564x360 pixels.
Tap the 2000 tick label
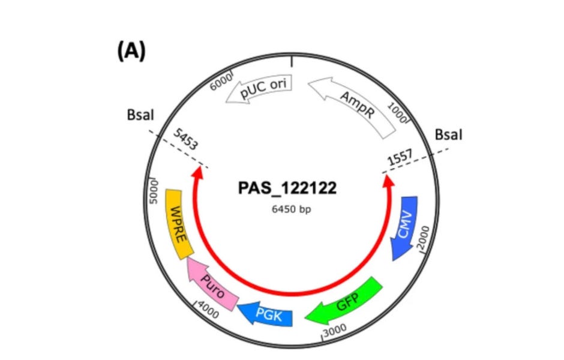point(430,240)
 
